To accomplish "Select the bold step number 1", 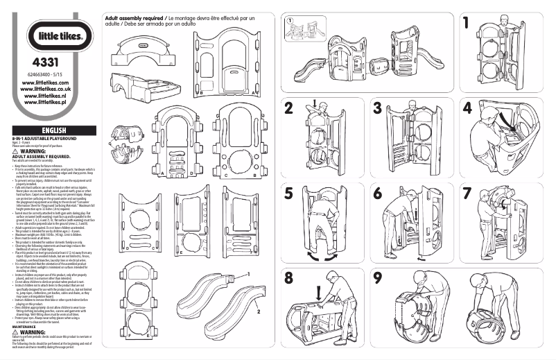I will click(468, 22).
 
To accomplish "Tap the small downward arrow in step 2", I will click(314, 105).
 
